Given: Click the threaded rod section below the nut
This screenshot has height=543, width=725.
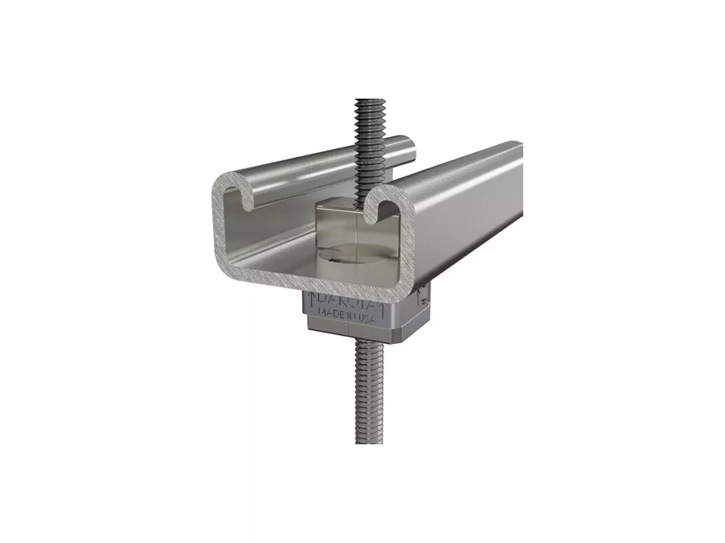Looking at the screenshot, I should (366, 393).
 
